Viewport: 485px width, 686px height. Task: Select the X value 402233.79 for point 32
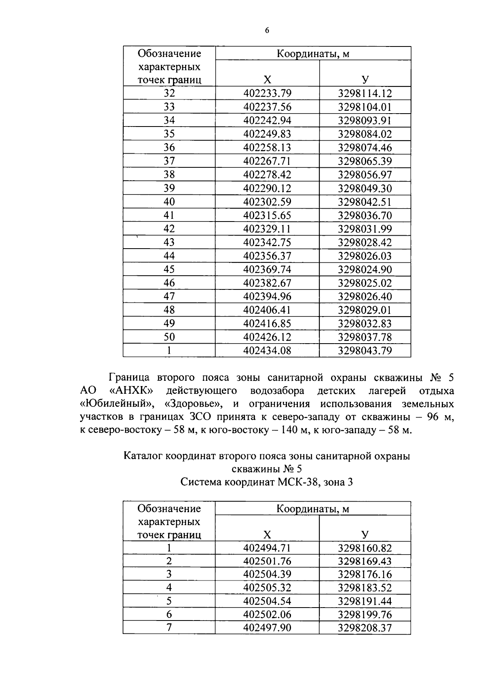pyautogui.click(x=267, y=93)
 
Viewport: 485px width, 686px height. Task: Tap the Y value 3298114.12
pyautogui.click(x=365, y=93)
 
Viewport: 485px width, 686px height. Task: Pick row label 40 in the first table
pyautogui.click(x=169, y=202)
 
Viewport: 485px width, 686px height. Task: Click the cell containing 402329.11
pyautogui.click(x=267, y=229)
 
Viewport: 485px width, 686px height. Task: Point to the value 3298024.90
pyautogui.click(x=365, y=269)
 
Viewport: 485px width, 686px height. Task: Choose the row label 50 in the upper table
pyautogui.click(x=169, y=337)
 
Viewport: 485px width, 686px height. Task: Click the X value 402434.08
pyautogui.click(x=267, y=350)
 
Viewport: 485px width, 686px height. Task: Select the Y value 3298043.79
pyautogui.click(x=365, y=350)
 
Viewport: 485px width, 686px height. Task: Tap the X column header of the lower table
pyautogui.click(x=267, y=535)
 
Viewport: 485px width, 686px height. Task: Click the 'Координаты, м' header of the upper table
pyautogui.click(x=313, y=54)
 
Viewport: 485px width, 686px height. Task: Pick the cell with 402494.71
pyautogui.click(x=267, y=548)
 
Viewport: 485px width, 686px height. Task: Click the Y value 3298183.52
pyautogui.click(x=365, y=587)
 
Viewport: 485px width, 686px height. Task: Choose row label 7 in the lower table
pyautogui.click(x=169, y=627)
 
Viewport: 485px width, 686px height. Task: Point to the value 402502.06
pyautogui.click(x=267, y=614)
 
